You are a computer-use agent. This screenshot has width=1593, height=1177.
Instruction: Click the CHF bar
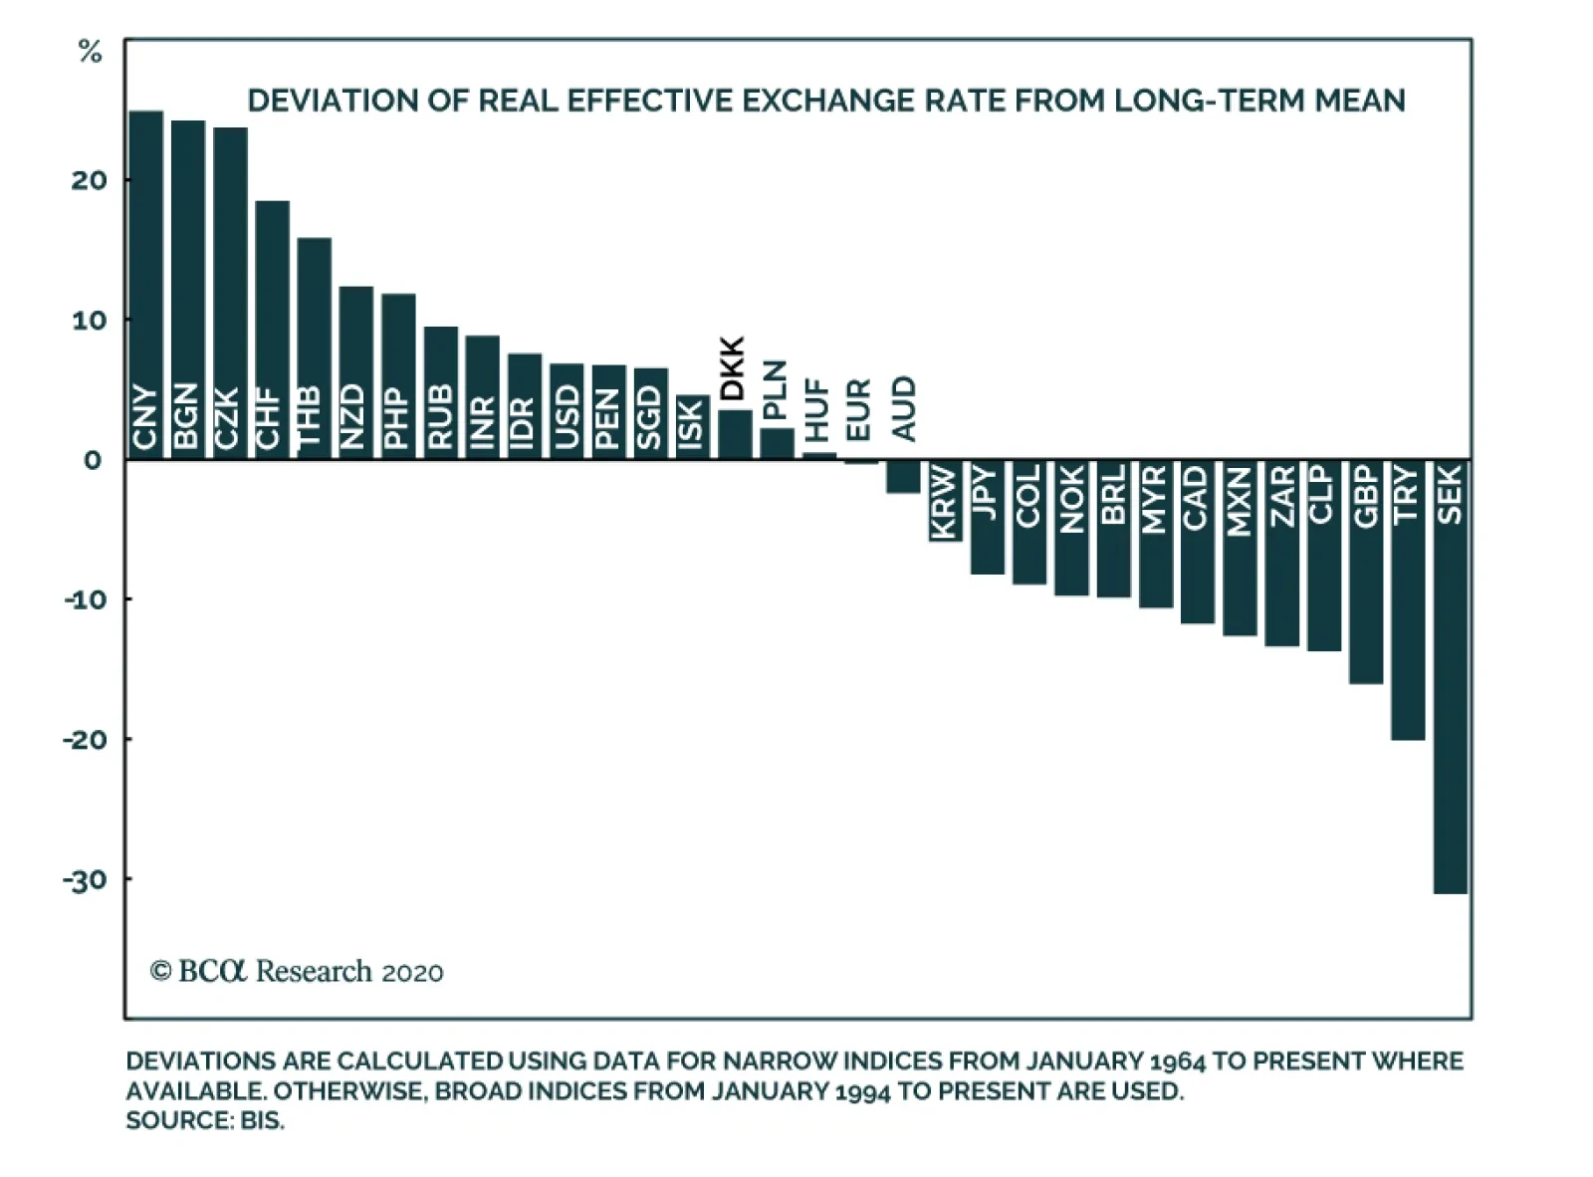click(272, 329)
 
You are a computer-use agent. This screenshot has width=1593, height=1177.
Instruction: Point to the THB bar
click(314, 348)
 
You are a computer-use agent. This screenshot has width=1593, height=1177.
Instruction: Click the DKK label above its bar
click(733, 369)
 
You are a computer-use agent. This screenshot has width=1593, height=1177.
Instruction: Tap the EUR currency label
click(858, 409)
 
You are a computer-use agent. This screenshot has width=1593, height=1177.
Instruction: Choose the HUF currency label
click(816, 409)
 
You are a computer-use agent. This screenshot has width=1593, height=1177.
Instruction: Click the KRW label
click(944, 502)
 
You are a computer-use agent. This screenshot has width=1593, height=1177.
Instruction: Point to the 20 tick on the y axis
click(89, 180)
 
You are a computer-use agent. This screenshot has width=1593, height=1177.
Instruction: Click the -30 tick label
click(85, 880)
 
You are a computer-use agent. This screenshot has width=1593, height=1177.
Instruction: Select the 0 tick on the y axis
click(93, 460)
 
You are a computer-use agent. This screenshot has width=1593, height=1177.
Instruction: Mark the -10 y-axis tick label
click(85, 599)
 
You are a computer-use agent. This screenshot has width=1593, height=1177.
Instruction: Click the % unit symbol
click(90, 54)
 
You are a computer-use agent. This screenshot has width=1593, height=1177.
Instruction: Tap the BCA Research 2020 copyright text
click(297, 971)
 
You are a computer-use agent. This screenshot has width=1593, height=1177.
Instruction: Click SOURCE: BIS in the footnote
click(205, 1121)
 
